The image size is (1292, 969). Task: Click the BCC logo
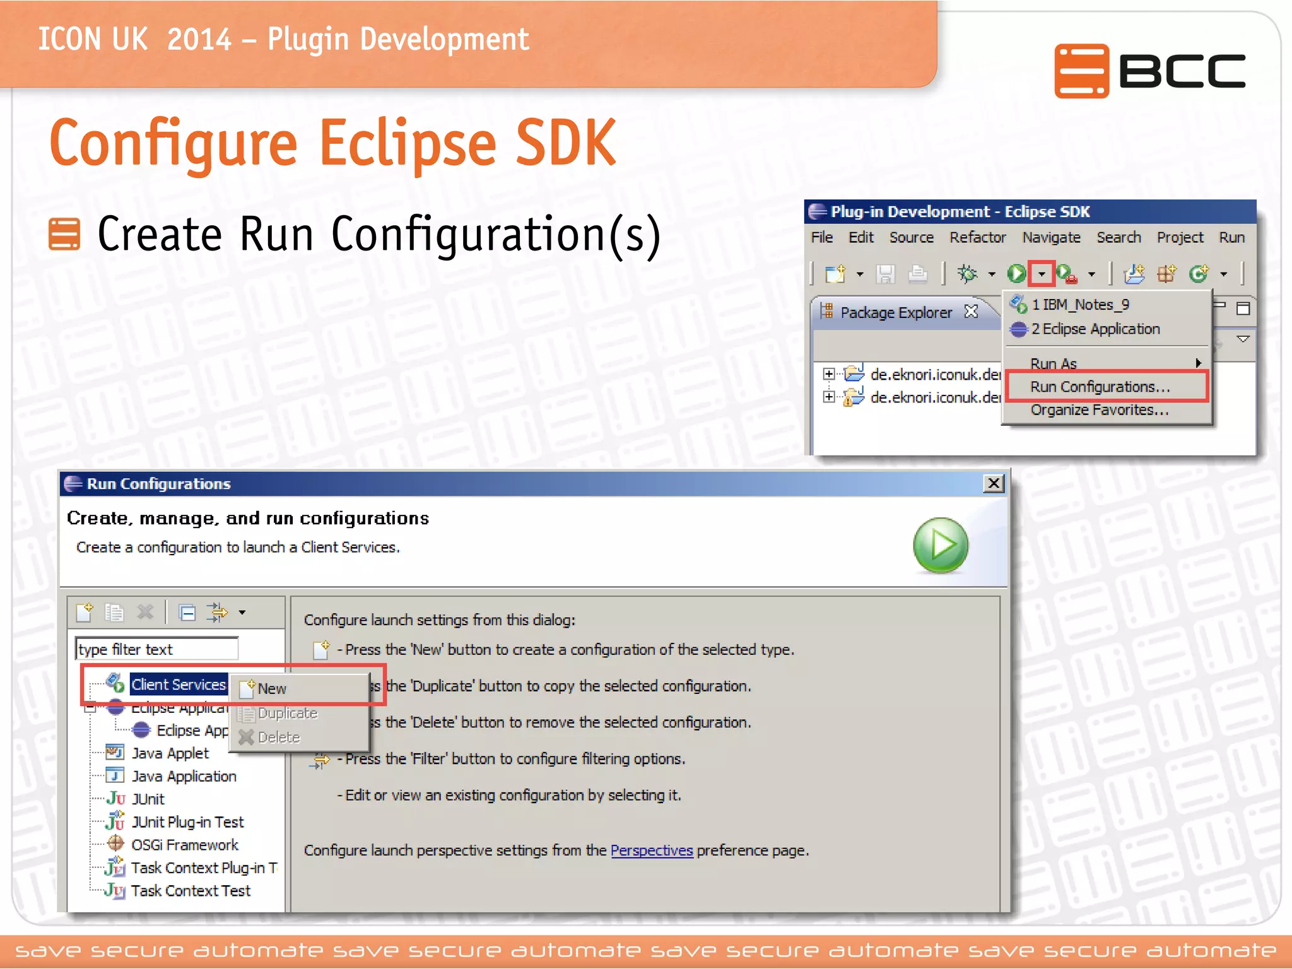tap(1149, 71)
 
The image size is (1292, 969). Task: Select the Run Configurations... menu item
tap(1100, 387)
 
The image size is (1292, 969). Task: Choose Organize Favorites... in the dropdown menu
tap(1099, 410)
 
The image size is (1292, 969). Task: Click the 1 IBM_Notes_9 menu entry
tap(1079, 305)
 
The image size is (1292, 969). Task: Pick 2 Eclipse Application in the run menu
tap(1095, 329)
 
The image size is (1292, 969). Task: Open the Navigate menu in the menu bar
tap(1051, 237)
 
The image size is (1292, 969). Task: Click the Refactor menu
tap(977, 237)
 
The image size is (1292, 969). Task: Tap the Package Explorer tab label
tap(895, 312)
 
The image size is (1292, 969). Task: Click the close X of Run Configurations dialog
tap(994, 483)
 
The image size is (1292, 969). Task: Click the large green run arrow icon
tap(940, 545)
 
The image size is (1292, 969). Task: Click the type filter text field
tap(156, 649)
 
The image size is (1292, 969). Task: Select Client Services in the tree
tap(178, 684)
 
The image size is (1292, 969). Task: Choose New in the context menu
tap(272, 689)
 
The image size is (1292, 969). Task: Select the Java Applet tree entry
tap(170, 753)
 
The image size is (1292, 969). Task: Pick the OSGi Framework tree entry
tap(184, 845)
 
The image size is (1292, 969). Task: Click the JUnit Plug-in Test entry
tap(187, 822)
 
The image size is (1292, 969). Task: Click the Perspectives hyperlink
tap(652, 850)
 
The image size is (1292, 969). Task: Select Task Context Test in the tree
tap(191, 891)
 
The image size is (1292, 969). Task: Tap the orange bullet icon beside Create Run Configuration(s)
tap(64, 234)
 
